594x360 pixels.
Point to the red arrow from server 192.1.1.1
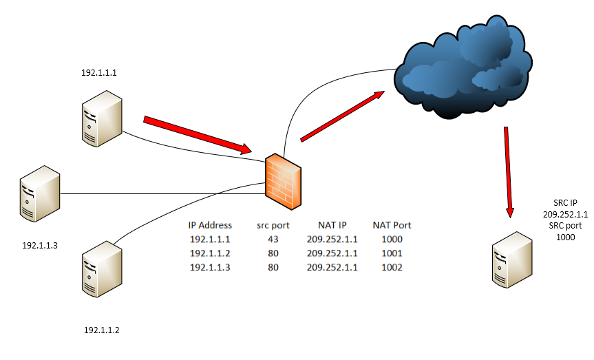coord(197,135)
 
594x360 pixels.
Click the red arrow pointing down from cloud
coord(509,172)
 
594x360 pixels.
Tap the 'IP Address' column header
coord(210,225)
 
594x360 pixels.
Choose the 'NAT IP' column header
coord(332,225)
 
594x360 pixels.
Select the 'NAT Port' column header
coord(392,225)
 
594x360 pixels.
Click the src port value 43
coord(273,240)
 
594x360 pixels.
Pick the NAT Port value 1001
coord(392,253)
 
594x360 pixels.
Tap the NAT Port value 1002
coord(392,267)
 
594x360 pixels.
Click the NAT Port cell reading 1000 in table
coord(392,240)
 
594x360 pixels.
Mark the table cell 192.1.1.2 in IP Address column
coord(210,253)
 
